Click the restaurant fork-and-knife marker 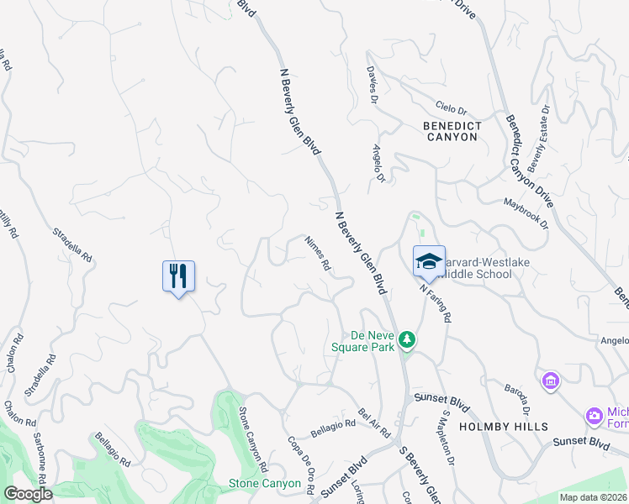(178, 276)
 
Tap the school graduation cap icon (428, 260)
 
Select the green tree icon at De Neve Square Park (407, 339)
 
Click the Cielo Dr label (451, 109)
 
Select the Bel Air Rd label (374, 423)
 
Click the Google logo (29, 494)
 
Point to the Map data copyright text (593, 497)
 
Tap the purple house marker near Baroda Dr (551, 381)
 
